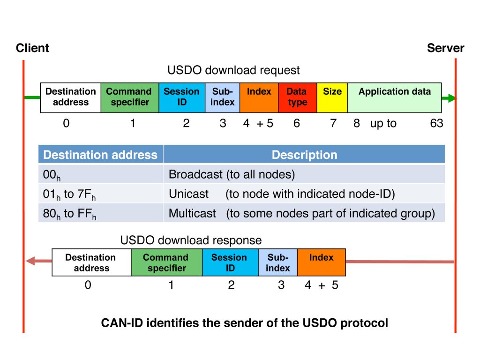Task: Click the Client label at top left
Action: click(x=32, y=48)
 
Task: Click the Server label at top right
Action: click(x=445, y=48)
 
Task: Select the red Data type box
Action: click(x=297, y=97)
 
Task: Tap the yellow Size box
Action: click(x=332, y=97)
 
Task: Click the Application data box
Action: click(x=394, y=97)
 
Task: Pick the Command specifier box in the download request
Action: click(x=129, y=97)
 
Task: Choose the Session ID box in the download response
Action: click(x=230, y=262)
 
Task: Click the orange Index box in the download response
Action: click(x=321, y=262)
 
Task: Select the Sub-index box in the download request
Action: click(x=222, y=97)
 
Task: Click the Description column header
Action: click(x=304, y=155)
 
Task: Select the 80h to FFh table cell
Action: click(x=69, y=214)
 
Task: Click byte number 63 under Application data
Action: click(x=436, y=124)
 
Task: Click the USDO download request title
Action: click(x=233, y=70)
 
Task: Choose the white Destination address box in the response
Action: click(x=91, y=262)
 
